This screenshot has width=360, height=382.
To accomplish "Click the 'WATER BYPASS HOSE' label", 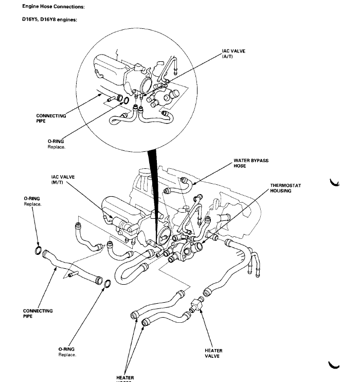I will point(250,163).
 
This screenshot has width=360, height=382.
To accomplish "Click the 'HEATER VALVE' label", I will point(213,354).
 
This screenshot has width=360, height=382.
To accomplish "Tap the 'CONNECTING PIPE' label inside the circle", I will point(51,118).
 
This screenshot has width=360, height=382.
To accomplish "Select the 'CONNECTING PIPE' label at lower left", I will point(38,314).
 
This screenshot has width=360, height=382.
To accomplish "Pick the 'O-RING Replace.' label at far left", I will point(32,201).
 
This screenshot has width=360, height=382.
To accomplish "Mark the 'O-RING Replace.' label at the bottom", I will point(67,352).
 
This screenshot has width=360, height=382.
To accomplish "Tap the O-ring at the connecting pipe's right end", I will point(108,284).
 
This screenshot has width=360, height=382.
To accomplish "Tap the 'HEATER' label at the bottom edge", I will point(125,378).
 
